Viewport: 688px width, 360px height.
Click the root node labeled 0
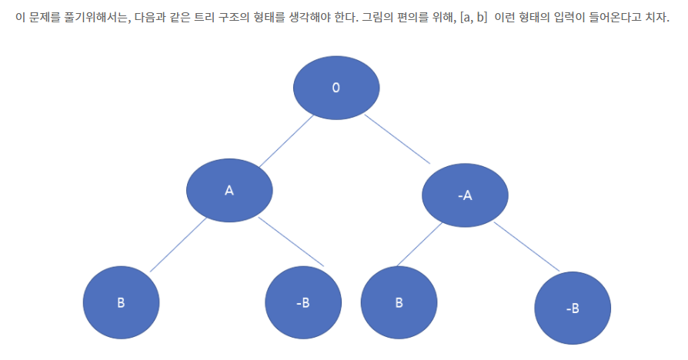pos(336,87)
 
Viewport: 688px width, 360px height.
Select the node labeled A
pos(229,190)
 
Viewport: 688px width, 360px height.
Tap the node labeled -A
pos(465,195)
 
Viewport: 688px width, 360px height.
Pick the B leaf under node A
pos(121,302)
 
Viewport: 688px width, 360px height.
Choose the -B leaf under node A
pos(302,302)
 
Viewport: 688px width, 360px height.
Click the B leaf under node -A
pos(399,302)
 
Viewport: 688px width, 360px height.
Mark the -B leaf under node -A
pos(573,308)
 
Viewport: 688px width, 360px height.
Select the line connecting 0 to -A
pos(396,139)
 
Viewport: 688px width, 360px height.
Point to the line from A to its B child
pos(178,245)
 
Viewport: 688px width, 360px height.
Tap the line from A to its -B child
pos(291,242)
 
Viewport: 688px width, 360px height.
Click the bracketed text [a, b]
pos(472,18)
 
